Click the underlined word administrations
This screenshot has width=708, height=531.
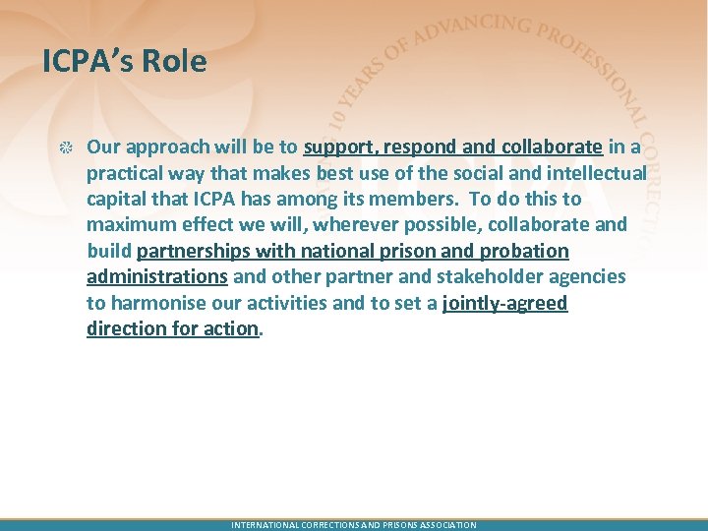(157, 276)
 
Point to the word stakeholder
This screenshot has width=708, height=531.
(493, 276)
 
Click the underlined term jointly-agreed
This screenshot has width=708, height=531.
(505, 303)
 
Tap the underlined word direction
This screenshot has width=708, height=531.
(126, 328)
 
